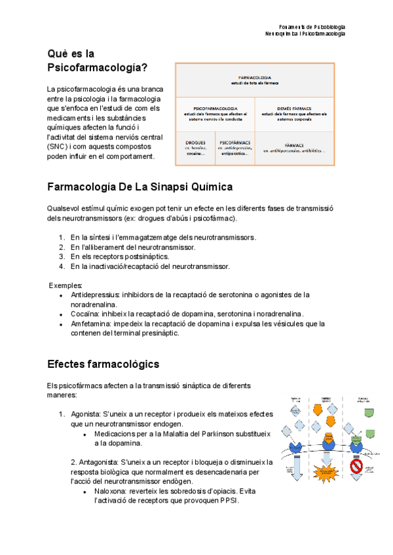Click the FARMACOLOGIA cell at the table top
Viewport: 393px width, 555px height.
coord(255,80)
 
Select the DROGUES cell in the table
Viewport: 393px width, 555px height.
coord(195,147)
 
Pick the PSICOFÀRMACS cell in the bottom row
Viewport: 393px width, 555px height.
coord(234,147)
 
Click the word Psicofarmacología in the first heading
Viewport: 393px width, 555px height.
coord(98,67)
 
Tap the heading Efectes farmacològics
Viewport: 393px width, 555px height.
coord(103,363)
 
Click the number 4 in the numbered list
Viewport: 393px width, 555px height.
coord(61,266)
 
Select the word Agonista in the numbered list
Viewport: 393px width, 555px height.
coord(85,414)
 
